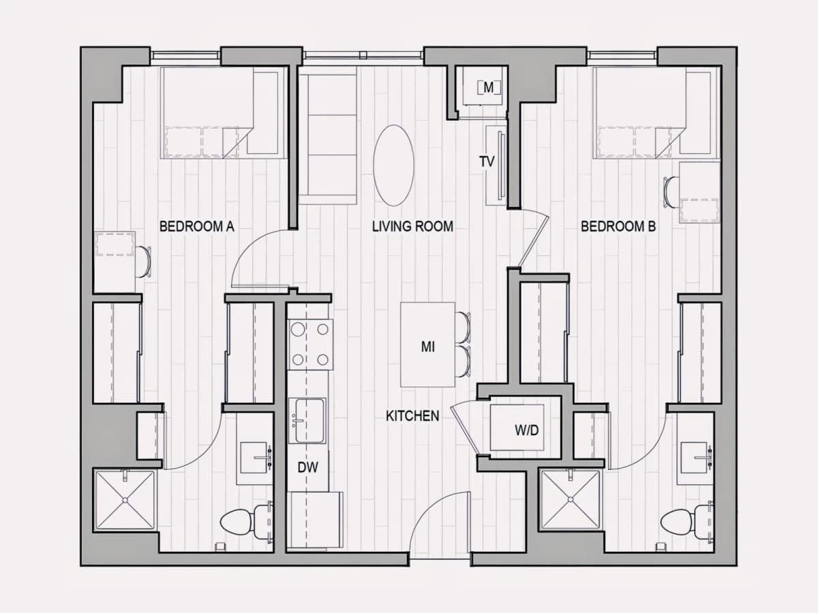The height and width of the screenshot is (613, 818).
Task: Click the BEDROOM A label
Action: pyautogui.click(x=197, y=226)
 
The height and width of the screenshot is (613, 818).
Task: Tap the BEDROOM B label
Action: pyautogui.click(x=618, y=226)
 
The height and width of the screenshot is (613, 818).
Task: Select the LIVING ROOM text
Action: pyautogui.click(x=412, y=226)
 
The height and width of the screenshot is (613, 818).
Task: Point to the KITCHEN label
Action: pyautogui.click(x=412, y=415)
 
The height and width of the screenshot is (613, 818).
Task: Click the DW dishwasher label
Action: pyautogui.click(x=308, y=467)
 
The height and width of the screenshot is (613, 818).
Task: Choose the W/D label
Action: pyautogui.click(x=526, y=430)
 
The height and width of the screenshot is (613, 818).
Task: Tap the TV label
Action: pyautogui.click(x=487, y=161)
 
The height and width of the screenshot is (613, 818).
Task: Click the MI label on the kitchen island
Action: pyautogui.click(x=427, y=347)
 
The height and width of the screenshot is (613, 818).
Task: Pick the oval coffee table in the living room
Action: pyautogui.click(x=393, y=166)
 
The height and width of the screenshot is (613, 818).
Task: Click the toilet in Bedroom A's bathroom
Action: pyautogui.click(x=246, y=522)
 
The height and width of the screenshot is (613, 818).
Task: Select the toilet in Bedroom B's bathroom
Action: pyautogui.click(x=689, y=522)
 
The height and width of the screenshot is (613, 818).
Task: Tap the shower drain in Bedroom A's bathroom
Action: pyautogui.click(x=125, y=500)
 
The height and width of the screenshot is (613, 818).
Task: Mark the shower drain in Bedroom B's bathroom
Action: pyautogui.click(x=570, y=499)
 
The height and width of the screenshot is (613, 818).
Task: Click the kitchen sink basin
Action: pyautogui.click(x=307, y=420)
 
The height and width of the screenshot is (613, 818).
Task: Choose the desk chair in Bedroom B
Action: pyautogui.click(x=671, y=192)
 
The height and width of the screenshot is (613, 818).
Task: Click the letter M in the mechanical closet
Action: pyautogui.click(x=488, y=88)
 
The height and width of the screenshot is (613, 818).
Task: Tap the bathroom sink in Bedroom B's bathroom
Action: pyautogui.click(x=696, y=458)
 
